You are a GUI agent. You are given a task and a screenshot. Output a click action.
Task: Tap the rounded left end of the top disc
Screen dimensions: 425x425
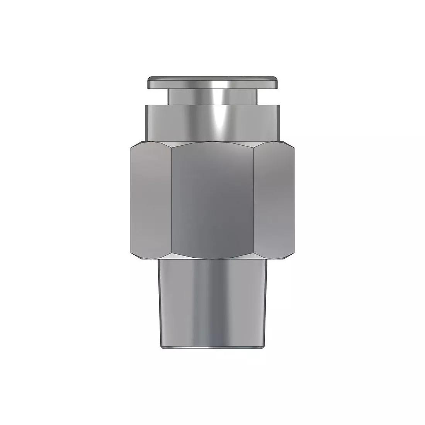tap(148, 82)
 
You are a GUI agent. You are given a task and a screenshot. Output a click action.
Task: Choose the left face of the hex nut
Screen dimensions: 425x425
tap(151, 201)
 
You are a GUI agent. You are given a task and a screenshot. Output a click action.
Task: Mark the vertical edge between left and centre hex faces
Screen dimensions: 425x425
tap(172, 201)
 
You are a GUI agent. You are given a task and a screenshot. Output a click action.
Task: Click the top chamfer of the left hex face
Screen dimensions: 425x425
tap(151, 144)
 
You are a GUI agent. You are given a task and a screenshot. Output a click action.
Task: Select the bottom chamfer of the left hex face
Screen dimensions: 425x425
tap(151, 257)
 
